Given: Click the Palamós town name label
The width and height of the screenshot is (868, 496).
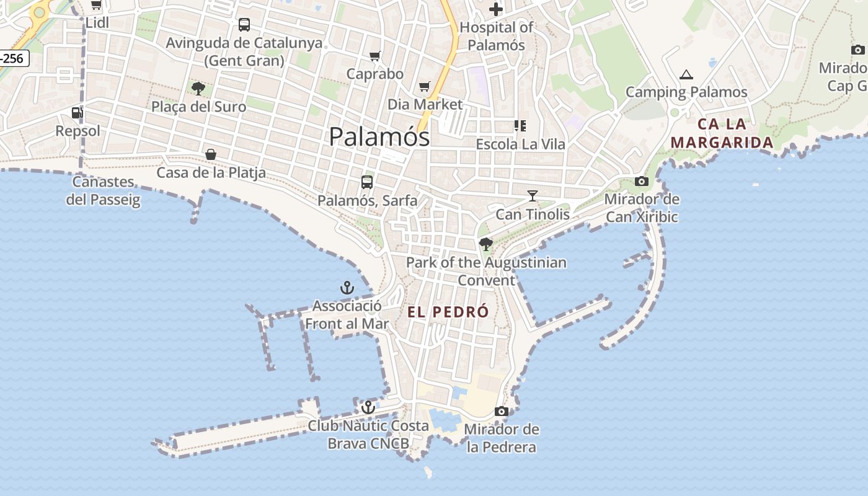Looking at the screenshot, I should [x=379, y=136].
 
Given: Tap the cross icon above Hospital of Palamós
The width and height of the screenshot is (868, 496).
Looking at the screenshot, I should [x=496, y=9].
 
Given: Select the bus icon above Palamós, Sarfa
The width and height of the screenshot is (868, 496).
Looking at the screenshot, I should [x=367, y=182].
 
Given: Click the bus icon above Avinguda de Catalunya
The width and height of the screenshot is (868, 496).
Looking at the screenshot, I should [x=244, y=25].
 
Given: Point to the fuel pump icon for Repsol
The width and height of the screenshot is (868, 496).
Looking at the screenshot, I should [x=77, y=112].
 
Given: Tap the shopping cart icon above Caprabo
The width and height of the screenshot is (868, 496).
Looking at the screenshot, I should [x=374, y=56].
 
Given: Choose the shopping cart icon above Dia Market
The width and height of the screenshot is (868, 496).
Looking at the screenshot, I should [x=425, y=86].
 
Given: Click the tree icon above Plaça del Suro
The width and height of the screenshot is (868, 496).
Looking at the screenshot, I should [x=198, y=89].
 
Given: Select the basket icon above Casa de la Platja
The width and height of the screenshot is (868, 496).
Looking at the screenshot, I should [x=211, y=154].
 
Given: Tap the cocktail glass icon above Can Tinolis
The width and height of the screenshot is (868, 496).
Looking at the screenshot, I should [x=532, y=196].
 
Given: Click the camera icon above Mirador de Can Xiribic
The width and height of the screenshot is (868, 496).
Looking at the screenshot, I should [x=642, y=182].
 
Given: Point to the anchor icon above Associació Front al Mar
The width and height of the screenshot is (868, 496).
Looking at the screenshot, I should [x=347, y=288].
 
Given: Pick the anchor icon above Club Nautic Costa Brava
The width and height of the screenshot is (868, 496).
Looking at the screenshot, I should [x=368, y=407].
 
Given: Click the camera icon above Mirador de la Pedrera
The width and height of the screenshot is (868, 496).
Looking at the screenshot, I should [x=502, y=411].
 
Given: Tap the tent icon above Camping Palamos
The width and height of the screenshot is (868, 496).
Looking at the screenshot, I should [x=686, y=74].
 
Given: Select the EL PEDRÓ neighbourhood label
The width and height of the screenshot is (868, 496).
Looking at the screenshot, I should [x=448, y=312].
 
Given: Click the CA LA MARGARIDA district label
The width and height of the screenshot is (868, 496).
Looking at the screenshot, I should [x=722, y=133].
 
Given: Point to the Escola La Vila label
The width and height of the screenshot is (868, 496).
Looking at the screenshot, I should [x=520, y=144].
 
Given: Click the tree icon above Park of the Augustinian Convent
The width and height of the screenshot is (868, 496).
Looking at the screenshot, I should [x=486, y=244].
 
